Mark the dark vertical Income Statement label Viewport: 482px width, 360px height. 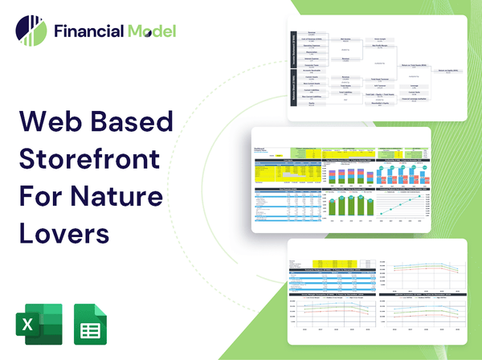293,50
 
